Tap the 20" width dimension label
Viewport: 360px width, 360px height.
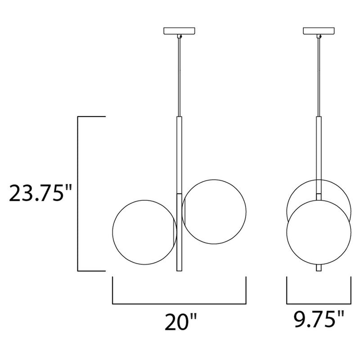(180, 322)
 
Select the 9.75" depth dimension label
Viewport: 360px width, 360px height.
(318, 321)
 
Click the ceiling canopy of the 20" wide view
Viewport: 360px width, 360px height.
(179, 31)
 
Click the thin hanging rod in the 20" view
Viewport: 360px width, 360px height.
(179, 76)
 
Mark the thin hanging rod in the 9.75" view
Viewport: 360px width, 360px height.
(319, 76)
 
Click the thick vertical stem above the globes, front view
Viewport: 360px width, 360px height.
(179, 153)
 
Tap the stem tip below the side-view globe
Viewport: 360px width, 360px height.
(319, 268)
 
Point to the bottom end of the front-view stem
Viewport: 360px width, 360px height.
(179, 268)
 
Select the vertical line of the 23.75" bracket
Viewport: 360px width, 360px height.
(79, 193)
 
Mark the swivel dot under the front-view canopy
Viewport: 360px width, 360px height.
(180, 36)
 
